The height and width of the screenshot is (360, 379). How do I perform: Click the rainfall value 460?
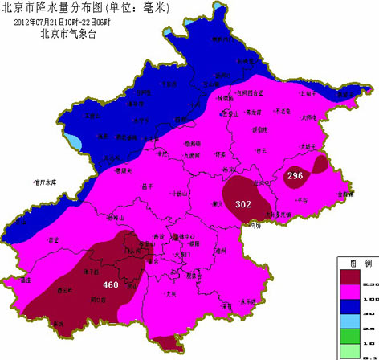click(111, 285)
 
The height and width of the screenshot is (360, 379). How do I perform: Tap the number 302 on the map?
click(243, 204)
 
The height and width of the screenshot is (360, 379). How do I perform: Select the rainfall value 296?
click(295, 176)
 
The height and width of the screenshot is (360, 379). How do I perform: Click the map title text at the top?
click(103, 8)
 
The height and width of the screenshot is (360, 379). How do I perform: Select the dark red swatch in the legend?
click(350, 276)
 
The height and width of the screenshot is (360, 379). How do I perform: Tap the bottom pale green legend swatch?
click(350, 350)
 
